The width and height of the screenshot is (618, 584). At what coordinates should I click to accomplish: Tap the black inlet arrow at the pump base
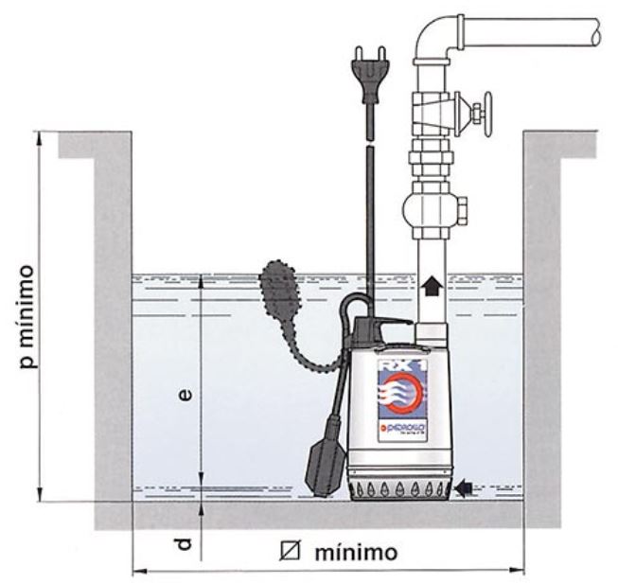pyautogui.click(x=464, y=487)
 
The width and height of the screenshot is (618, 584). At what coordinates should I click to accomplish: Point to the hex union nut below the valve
pyautogui.click(x=432, y=150)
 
